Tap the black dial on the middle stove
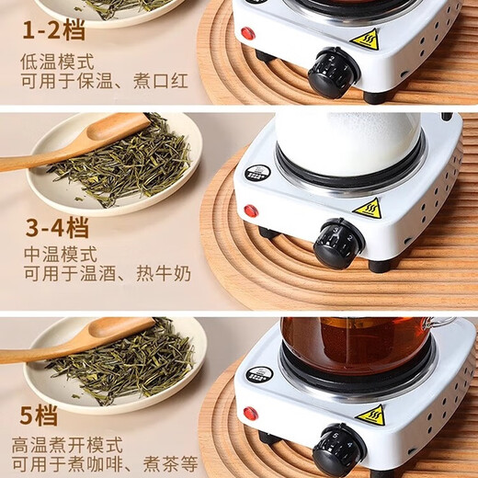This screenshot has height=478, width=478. coord(337,244)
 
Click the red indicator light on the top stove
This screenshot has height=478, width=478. coord(247,34)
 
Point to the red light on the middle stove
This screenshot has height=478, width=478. coord(251,211)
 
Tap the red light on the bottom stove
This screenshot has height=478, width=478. coord(251,414)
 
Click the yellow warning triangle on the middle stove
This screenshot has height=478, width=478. coord(367,209)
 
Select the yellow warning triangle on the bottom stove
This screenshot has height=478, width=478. coord(370,415)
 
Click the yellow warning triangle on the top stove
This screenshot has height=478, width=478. coord(365,40)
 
